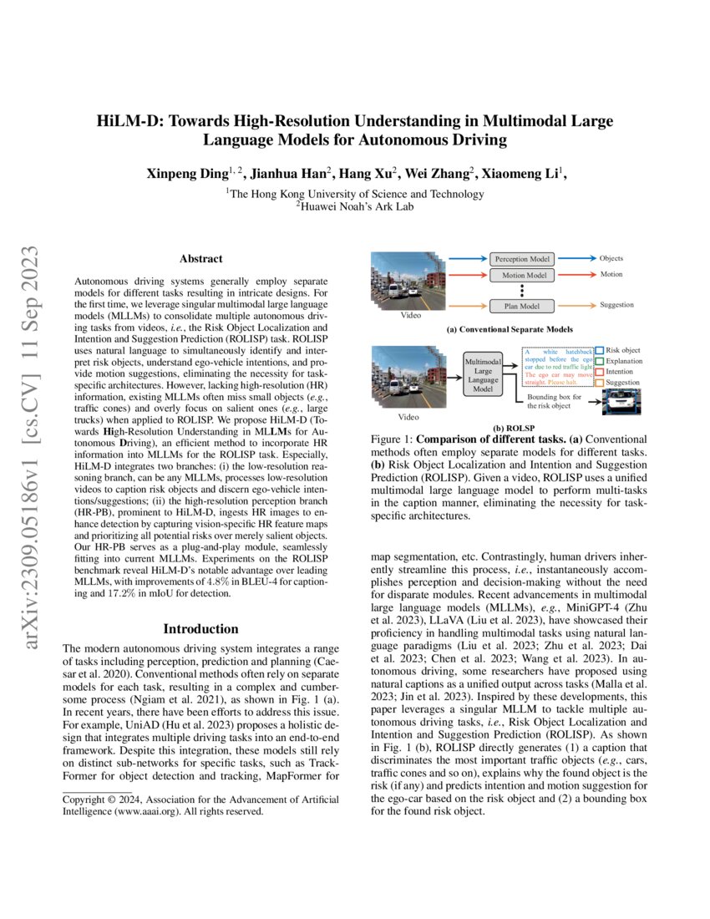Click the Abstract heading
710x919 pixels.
coord(200,259)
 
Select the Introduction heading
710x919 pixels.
coord(200,628)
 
